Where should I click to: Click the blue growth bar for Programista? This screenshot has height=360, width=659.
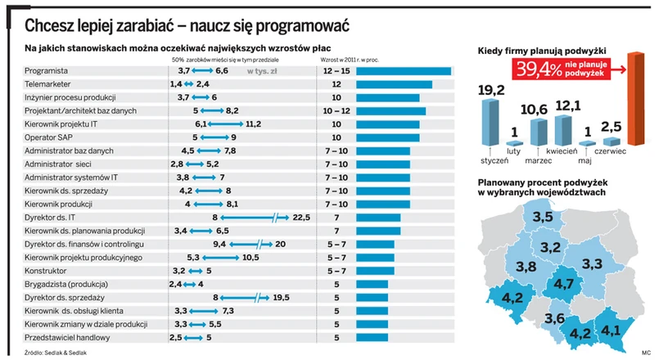point(404,71)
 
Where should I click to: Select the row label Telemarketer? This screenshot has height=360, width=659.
point(47,84)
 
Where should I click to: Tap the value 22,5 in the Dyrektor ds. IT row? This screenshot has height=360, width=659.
point(301,217)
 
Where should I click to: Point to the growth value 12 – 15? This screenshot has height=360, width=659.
point(336,71)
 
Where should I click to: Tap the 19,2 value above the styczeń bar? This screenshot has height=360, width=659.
point(492,91)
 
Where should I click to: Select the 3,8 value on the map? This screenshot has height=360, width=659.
point(526,267)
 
